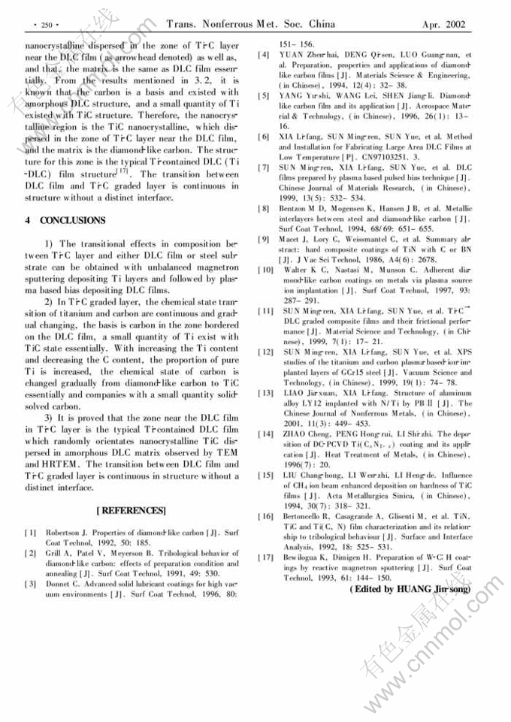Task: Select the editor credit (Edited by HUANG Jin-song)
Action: click(409, 590)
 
